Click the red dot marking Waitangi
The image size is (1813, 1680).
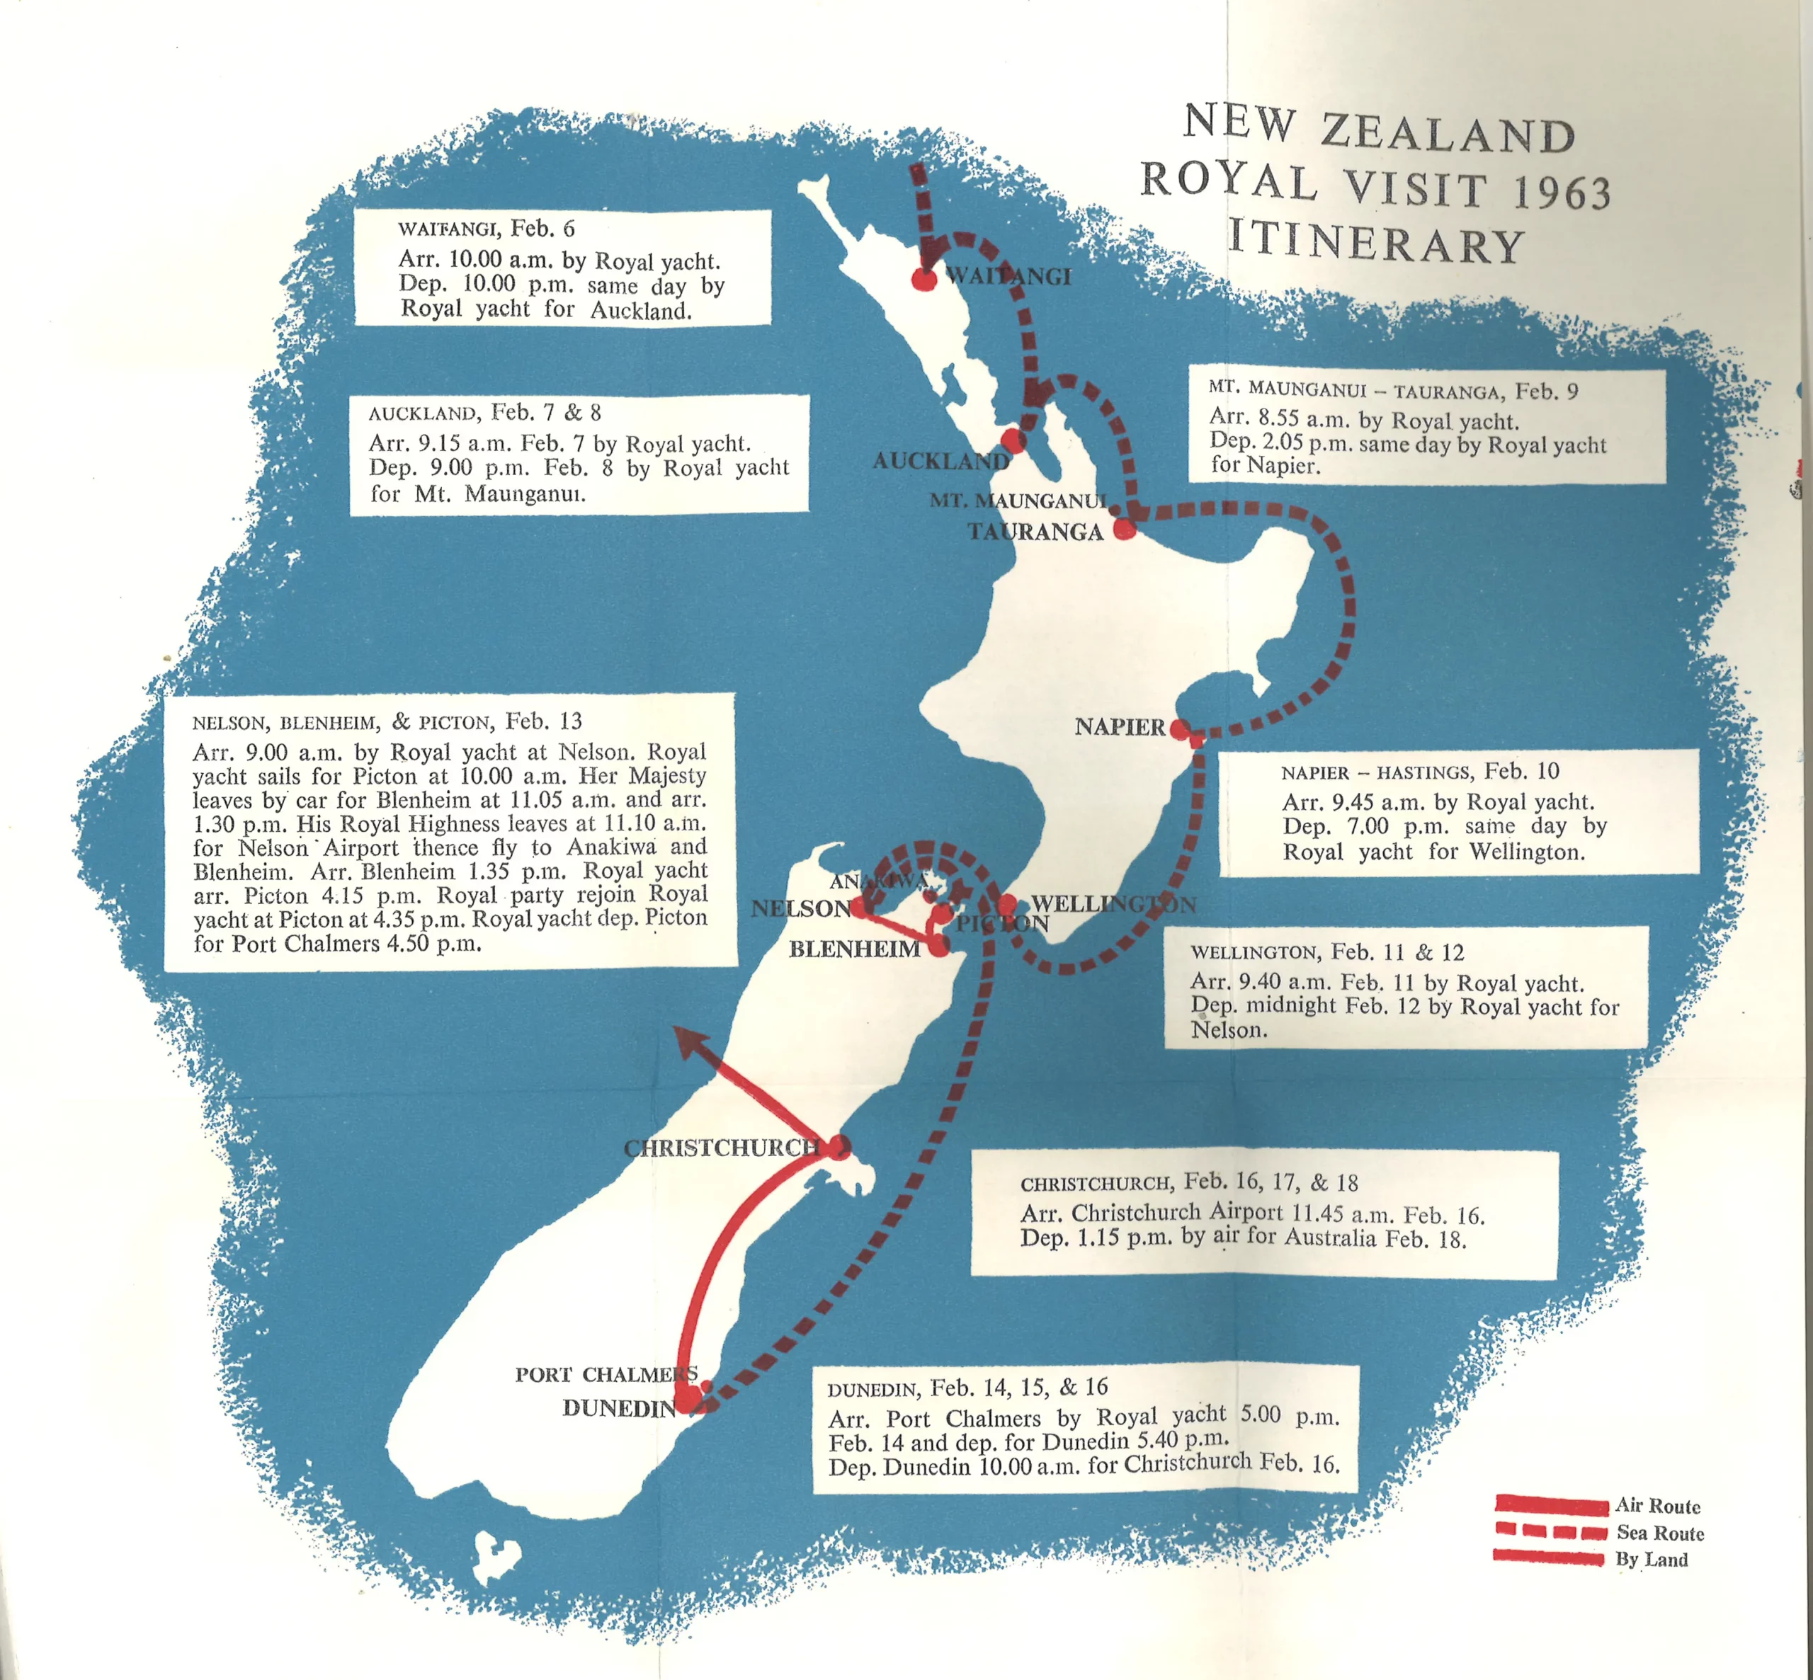click(x=923, y=279)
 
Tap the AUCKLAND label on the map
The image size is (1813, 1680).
click(x=940, y=461)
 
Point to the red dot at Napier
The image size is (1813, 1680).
click(x=1179, y=729)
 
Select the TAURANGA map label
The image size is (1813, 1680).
click(x=1035, y=532)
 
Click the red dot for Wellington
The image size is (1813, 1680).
click(x=1006, y=905)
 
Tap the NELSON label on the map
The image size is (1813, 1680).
click(x=800, y=908)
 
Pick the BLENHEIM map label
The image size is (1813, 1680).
click(x=854, y=950)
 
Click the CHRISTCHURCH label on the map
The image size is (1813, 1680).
click(x=722, y=1148)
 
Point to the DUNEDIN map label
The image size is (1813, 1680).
click(x=619, y=1408)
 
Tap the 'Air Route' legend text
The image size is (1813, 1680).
click(x=1657, y=1507)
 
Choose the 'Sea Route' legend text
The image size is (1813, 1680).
click(x=1660, y=1533)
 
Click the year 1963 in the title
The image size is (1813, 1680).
click(x=1561, y=192)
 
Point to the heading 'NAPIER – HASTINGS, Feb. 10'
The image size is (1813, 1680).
click(x=1419, y=772)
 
